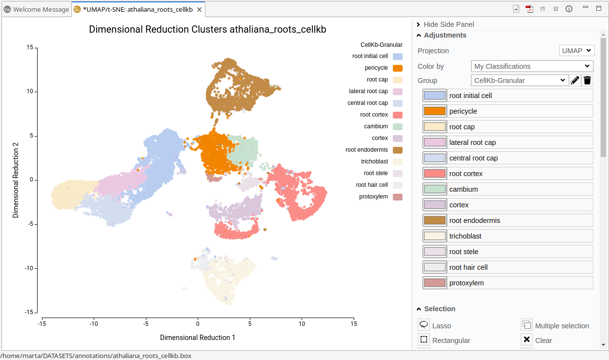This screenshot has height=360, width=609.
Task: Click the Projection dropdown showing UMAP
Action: [576, 50]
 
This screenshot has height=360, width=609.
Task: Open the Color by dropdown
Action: [532, 66]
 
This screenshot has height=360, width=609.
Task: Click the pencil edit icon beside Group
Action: [575, 80]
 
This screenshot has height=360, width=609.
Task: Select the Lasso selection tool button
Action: [424, 325]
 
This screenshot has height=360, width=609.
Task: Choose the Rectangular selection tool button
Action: [424, 340]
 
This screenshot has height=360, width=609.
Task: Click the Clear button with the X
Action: [527, 340]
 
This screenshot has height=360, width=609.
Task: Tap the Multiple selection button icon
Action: [527, 325]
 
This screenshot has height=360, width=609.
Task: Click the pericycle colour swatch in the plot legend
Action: [398, 68]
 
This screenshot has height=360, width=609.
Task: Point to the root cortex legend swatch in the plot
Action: [398, 115]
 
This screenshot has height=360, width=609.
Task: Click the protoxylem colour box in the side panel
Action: [434, 283]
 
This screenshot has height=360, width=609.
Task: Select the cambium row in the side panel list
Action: [507, 189]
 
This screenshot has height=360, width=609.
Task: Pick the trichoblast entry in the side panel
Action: [507, 236]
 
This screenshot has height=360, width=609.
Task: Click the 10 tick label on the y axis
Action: [30, 91]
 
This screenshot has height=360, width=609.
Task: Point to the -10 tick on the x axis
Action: [94, 323]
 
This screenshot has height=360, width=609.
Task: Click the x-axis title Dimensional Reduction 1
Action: [198, 338]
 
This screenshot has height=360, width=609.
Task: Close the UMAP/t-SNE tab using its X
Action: [199, 9]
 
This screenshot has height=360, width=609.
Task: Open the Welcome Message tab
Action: [37, 9]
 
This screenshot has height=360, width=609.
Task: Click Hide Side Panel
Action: [448, 24]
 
